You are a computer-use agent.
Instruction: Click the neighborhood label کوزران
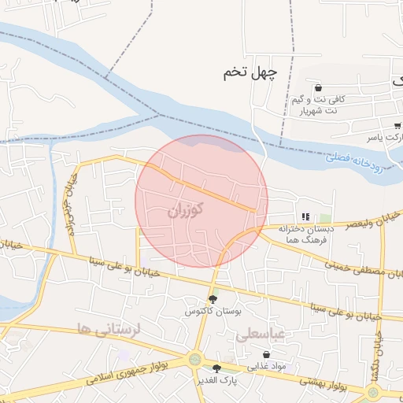pyautogui.click(x=186, y=210)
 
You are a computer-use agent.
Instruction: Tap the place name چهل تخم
pyautogui.click(x=250, y=73)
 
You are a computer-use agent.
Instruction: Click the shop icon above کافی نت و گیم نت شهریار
pyautogui.click(x=318, y=87)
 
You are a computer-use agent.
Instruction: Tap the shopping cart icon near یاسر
pyautogui.click(x=397, y=125)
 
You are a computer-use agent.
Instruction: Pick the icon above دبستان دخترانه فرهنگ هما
pyautogui.click(x=305, y=216)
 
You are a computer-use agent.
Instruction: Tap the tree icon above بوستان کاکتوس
pyautogui.click(x=212, y=299)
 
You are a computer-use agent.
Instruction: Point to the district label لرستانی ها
pyautogui.click(x=108, y=329)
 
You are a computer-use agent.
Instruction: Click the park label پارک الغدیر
pyautogui.click(x=217, y=379)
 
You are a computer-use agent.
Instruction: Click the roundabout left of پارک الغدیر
pyautogui.click(x=194, y=360)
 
